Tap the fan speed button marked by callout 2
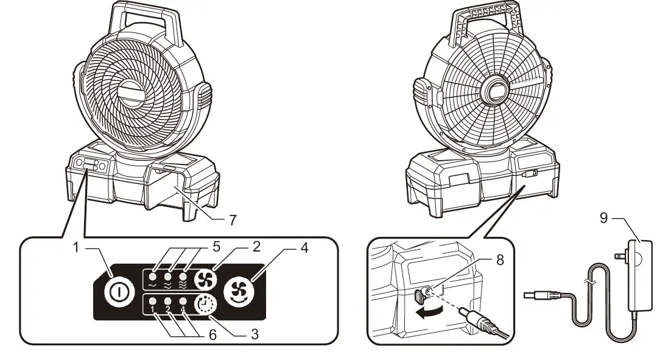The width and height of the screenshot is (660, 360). tap(204, 277)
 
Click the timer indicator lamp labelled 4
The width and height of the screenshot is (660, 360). tap(182, 301)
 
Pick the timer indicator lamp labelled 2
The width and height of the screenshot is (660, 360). tap(167, 301)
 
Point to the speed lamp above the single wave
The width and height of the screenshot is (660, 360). tap(153, 268)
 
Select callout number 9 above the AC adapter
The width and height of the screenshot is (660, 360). tap(603, 217)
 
